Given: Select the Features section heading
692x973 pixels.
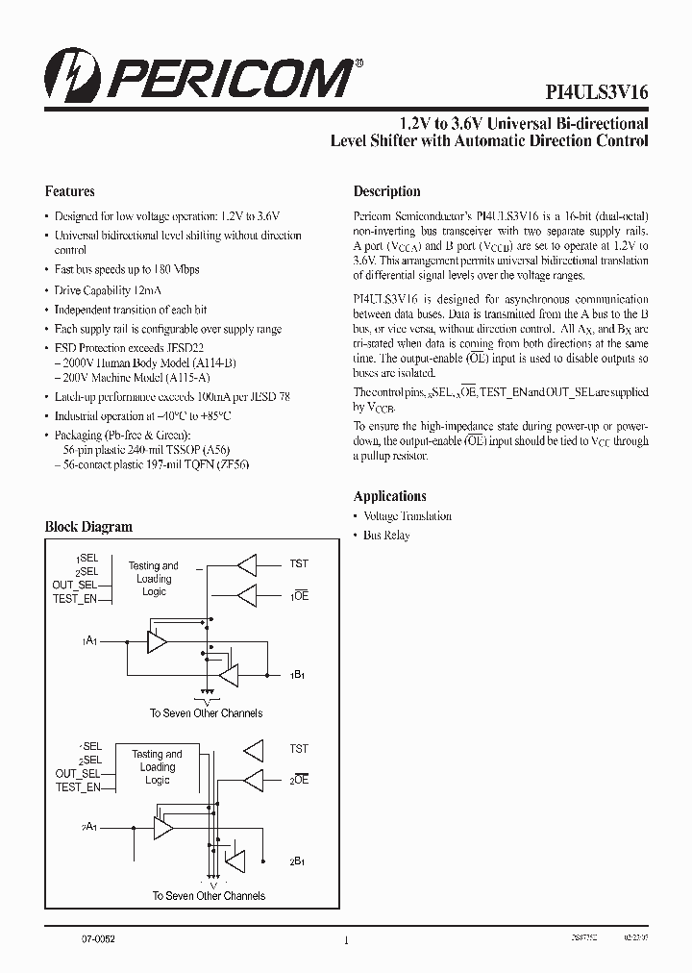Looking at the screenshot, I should (70, 191).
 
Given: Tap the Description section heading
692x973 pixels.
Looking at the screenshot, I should (386, 191).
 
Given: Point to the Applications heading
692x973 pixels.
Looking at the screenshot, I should (389, 496).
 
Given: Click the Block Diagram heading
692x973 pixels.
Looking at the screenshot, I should (88, 527).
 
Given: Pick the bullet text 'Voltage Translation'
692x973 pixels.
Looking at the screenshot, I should (407, 516).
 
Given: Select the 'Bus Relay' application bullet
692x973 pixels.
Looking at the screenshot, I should (385, 536).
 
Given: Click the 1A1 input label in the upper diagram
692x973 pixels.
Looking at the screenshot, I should (91, 639).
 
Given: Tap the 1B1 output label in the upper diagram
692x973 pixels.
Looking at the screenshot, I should (298, 676).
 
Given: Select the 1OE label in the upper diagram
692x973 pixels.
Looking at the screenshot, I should (298, 596).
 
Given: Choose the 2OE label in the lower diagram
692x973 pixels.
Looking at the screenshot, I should (298, 780).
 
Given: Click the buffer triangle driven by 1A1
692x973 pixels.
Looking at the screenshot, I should (157, 640).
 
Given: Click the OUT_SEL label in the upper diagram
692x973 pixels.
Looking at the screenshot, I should (76, 585).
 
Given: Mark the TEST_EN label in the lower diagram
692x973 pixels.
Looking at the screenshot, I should (78, 787).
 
